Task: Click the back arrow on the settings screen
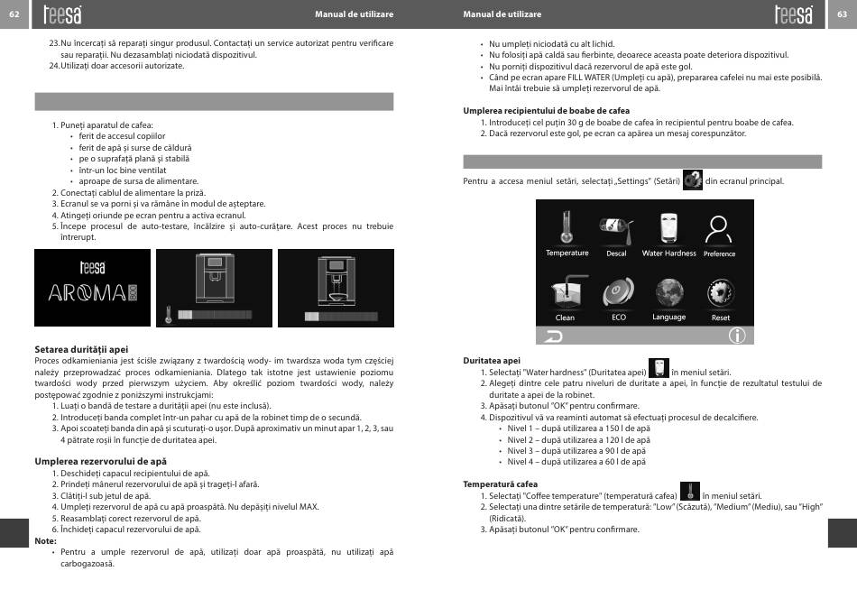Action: (x=550, y=336)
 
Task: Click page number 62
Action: (x=14, y=14)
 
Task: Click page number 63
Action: (x=842, y=14)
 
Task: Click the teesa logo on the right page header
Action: (x=793, y=14)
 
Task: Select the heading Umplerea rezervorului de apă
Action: (x=88, y=461)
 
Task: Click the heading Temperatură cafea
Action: (x=500, y=484)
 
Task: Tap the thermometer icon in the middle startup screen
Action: (x=169, y=315)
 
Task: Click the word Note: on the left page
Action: (x=45, y=540)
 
